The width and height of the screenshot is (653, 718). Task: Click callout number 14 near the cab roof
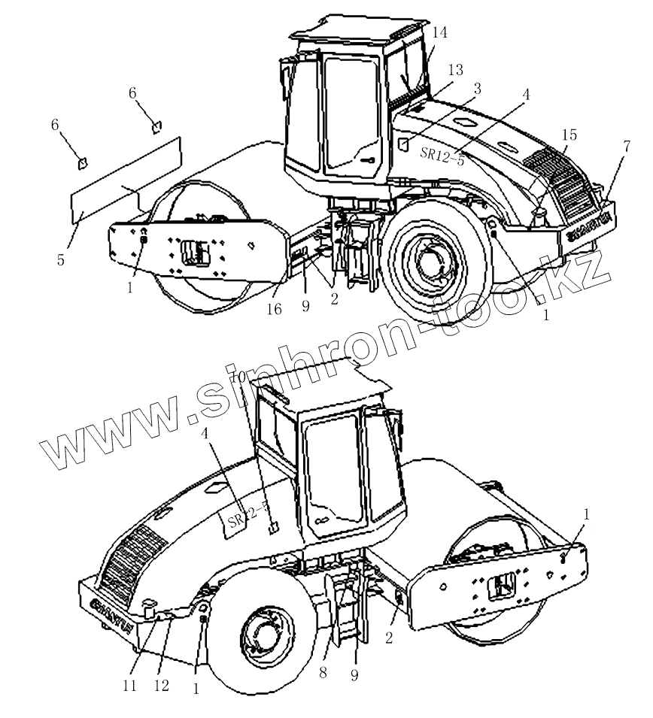(440, 32)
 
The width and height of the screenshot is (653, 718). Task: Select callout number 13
(455, 69)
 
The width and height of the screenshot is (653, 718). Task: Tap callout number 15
(476, 89)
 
